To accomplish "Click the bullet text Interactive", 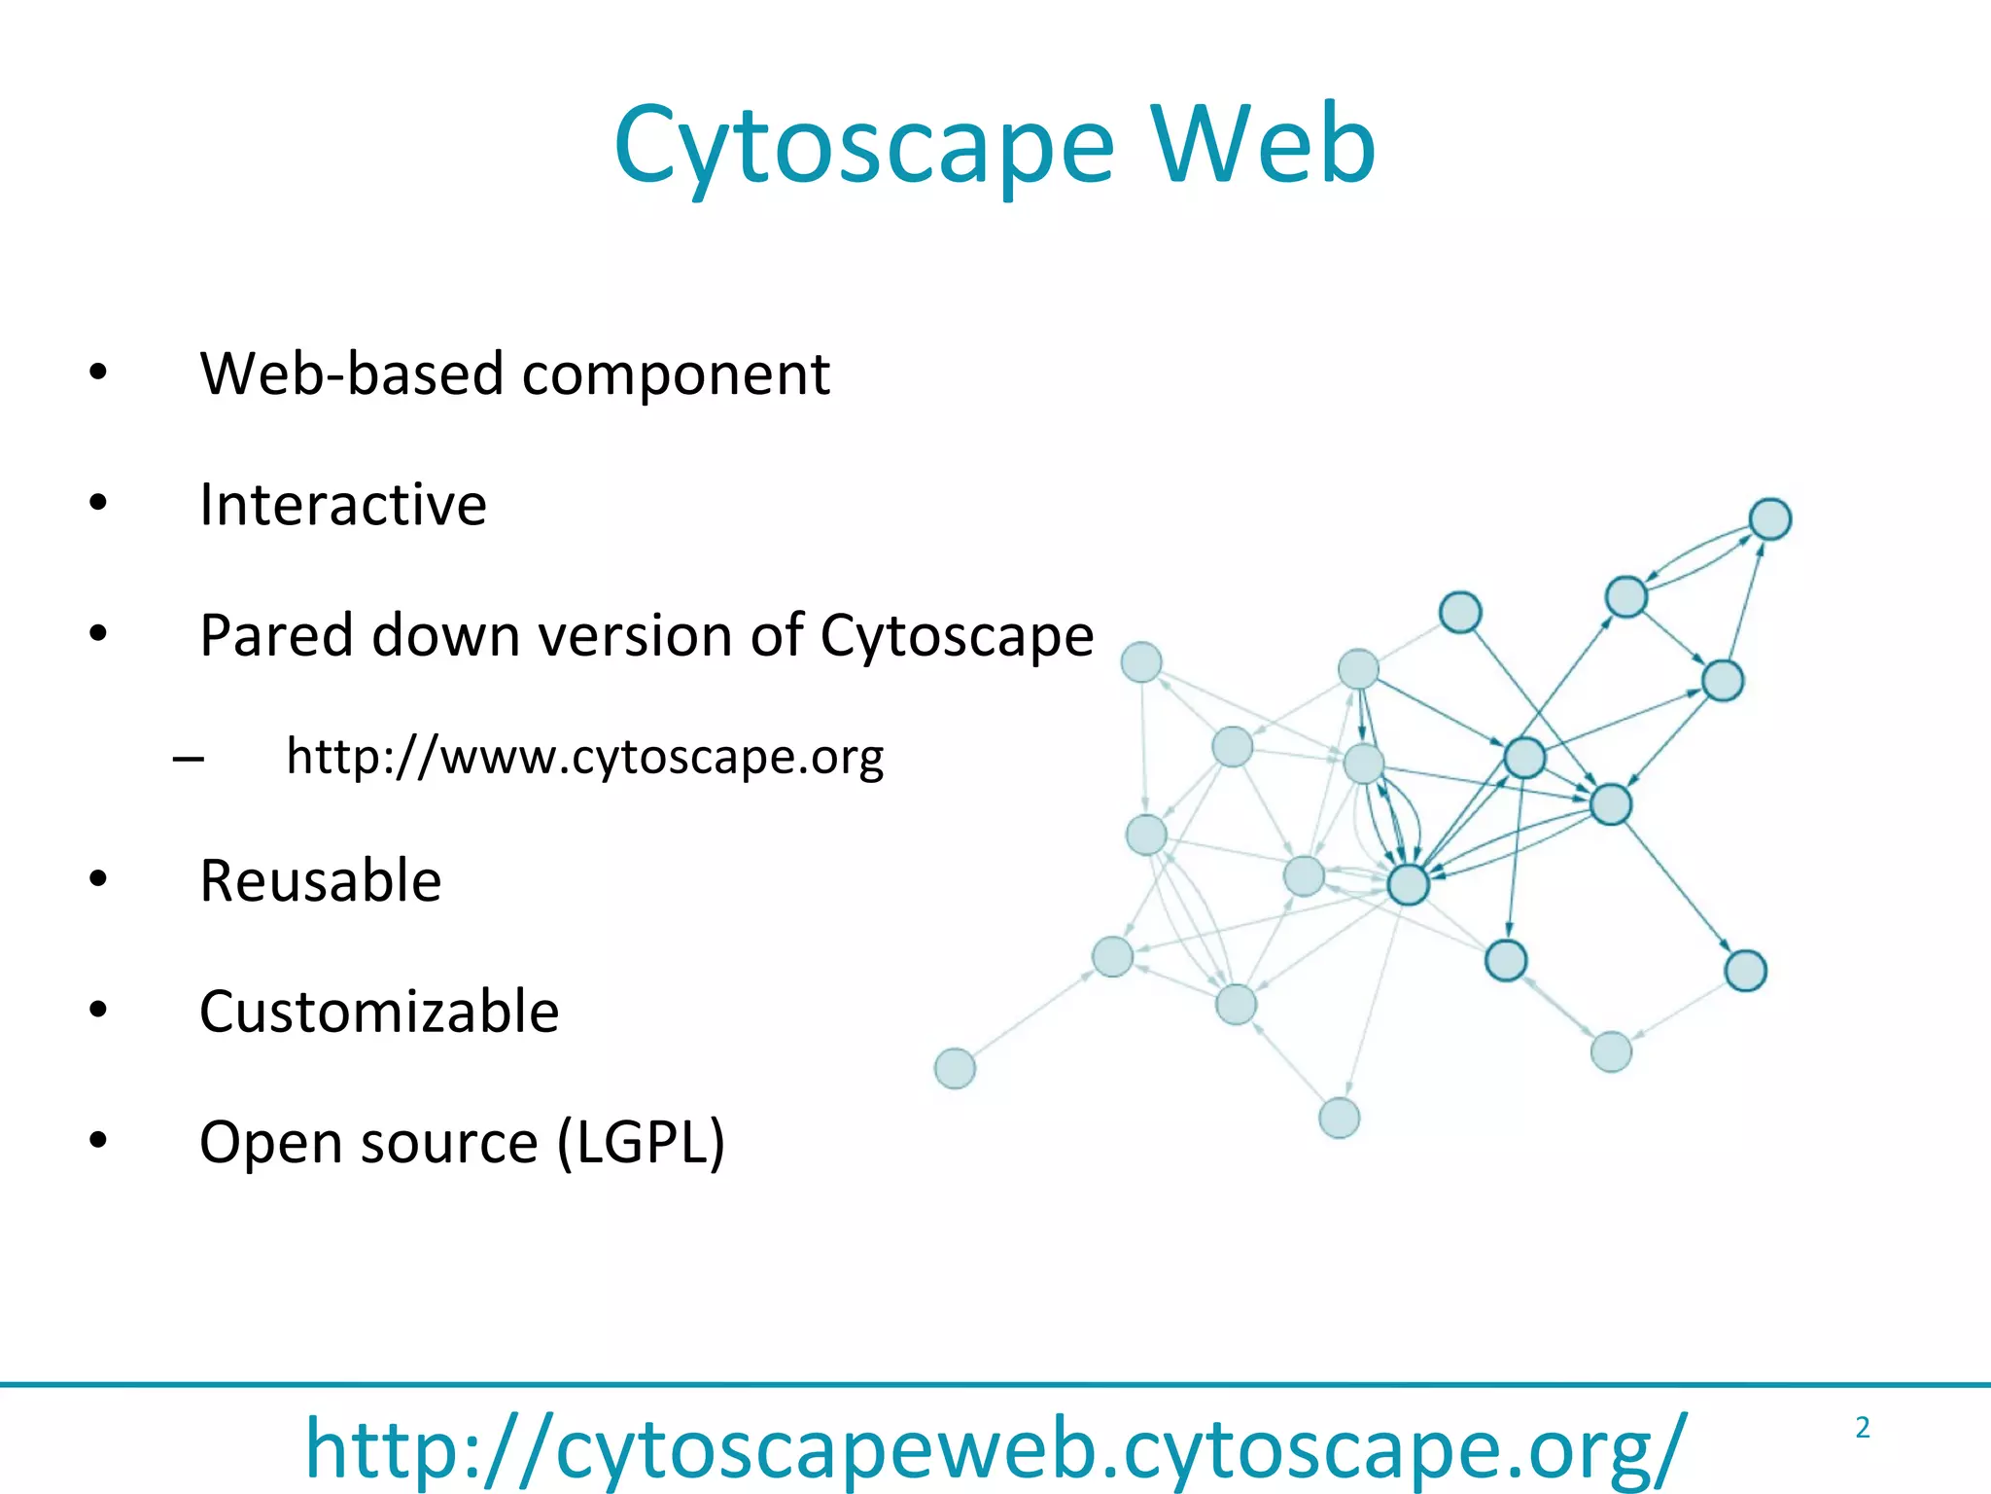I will pos(342,505).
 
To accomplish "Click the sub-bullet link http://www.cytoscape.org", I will pos(584,757).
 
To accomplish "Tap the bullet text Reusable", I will pos(320,881).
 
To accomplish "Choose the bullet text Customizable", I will pos(379,1012).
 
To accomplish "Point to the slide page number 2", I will pos(1863,1428).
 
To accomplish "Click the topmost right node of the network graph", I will pos(1770,518).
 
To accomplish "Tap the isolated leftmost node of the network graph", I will pos(955,1068).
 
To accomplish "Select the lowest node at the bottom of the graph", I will pos(1339,1118).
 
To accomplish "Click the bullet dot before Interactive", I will pos(98,503).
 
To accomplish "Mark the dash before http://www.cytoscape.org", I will pos(188,758).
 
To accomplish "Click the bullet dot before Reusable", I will pos(98,879).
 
